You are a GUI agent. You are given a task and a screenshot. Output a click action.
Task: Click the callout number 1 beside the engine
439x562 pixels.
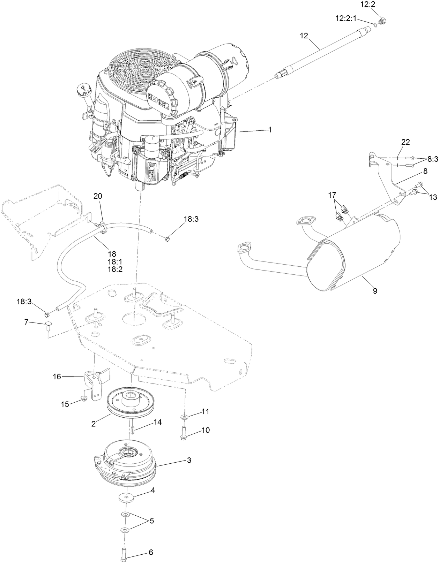pos(269,129)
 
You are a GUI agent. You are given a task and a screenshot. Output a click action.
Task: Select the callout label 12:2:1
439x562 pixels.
pos(346,18)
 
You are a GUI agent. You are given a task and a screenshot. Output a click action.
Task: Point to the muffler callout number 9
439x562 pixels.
pos(375,291)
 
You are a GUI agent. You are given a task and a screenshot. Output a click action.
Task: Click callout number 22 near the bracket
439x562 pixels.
pos(405,142)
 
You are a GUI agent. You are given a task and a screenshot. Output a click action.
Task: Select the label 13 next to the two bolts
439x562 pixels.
pos(433,197)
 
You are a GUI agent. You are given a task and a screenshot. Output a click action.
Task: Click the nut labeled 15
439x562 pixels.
pos(84,398)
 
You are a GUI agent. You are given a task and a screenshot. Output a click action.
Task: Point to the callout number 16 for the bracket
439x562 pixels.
pos(57,377)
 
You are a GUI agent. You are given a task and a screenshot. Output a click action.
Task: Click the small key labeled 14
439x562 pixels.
pos(133,428)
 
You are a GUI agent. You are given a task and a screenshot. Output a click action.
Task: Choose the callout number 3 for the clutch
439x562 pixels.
pos(189,460)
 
